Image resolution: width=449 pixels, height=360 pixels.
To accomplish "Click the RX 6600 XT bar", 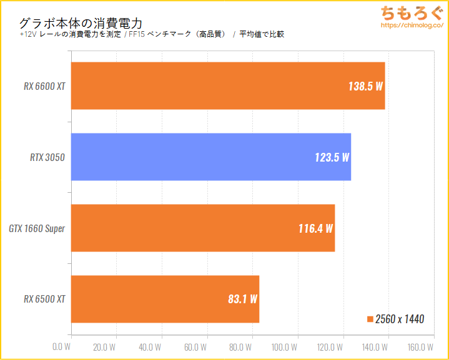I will point(228,85).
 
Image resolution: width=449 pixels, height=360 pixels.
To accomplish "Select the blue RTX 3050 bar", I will point(211,157).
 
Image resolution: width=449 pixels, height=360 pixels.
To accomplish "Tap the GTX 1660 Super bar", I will point(203,228).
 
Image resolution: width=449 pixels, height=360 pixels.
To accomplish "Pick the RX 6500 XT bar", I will point(165,299).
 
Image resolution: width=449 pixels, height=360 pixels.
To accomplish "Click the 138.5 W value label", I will point(365,86).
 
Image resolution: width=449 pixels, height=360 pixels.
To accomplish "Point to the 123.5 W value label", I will point(332,157).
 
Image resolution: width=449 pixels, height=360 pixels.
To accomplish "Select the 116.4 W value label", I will point(315,228).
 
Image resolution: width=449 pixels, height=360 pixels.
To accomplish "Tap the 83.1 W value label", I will point(242,299).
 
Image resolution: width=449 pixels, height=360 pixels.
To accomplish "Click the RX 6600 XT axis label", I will point(44,86).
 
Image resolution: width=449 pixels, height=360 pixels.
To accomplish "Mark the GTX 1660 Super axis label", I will point(37,228).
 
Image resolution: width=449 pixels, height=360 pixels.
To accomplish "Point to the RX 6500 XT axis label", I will point(44,299).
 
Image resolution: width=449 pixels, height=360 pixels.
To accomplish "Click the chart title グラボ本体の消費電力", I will point(81,23).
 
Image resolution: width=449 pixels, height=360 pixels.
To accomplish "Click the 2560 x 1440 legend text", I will point(400,319).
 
